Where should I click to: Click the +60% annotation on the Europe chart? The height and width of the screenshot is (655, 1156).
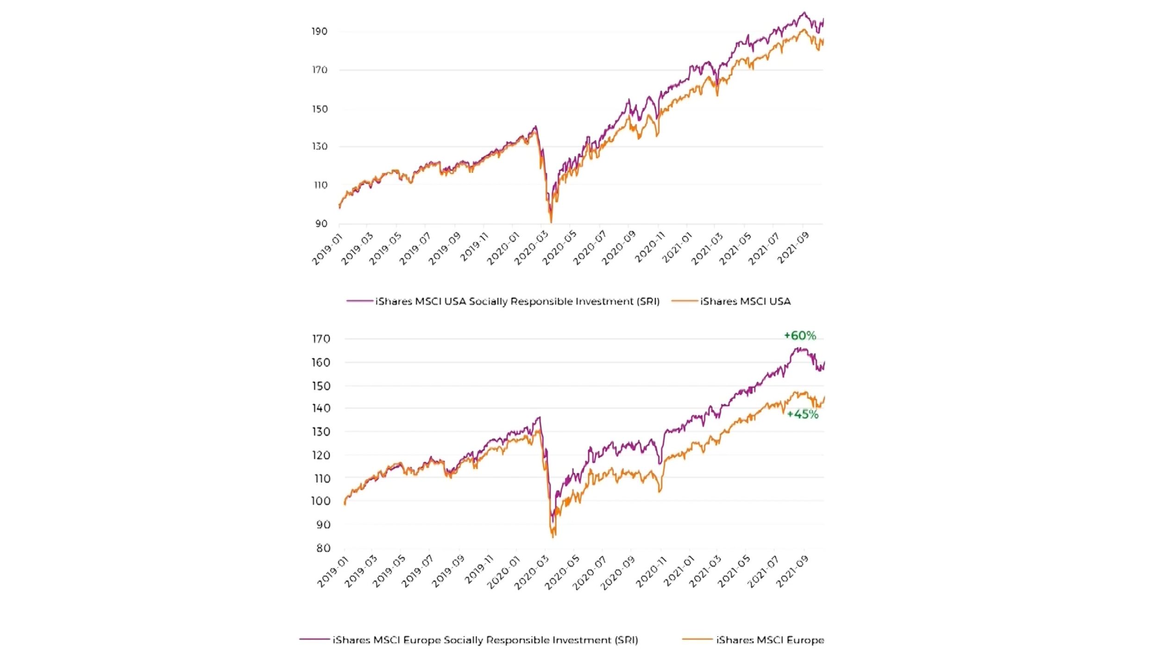[x=800, y=335]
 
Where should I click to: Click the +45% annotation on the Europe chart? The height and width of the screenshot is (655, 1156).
[x=803, y=414]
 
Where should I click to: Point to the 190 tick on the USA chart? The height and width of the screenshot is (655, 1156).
[x=320, y=31]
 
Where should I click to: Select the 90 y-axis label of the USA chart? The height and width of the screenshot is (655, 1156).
[x=321, y=224]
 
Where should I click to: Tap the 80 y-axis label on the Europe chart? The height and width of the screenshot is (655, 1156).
[x=323, y=548]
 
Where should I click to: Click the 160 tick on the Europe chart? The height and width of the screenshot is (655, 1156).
[x=321, y=363]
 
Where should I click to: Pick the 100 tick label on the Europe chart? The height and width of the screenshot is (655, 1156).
[x=321, y=501]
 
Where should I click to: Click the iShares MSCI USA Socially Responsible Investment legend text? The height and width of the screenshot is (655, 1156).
[x=517, y=302]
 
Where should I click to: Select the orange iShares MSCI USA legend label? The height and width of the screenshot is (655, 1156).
[x=745, y=302]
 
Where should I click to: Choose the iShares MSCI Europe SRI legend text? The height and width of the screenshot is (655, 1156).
[x=485, y=640]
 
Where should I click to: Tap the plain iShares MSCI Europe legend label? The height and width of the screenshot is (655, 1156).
[x=770, y=640]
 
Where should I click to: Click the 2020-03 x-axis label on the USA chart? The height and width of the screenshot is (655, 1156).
[x=531, y=248]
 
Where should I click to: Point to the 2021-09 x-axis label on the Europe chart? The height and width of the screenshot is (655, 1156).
[x=792, y=572]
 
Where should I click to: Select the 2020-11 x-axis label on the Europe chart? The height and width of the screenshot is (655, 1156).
[x=650, y=572]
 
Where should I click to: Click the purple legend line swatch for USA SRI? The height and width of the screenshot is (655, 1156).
[x=359, y=301]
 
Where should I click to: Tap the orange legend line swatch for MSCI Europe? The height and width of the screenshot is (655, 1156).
[x=697, y=640]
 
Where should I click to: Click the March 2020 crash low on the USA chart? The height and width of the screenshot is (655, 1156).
[x=551, y=221]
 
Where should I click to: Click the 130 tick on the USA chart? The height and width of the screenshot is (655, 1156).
[x=320, y=146]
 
